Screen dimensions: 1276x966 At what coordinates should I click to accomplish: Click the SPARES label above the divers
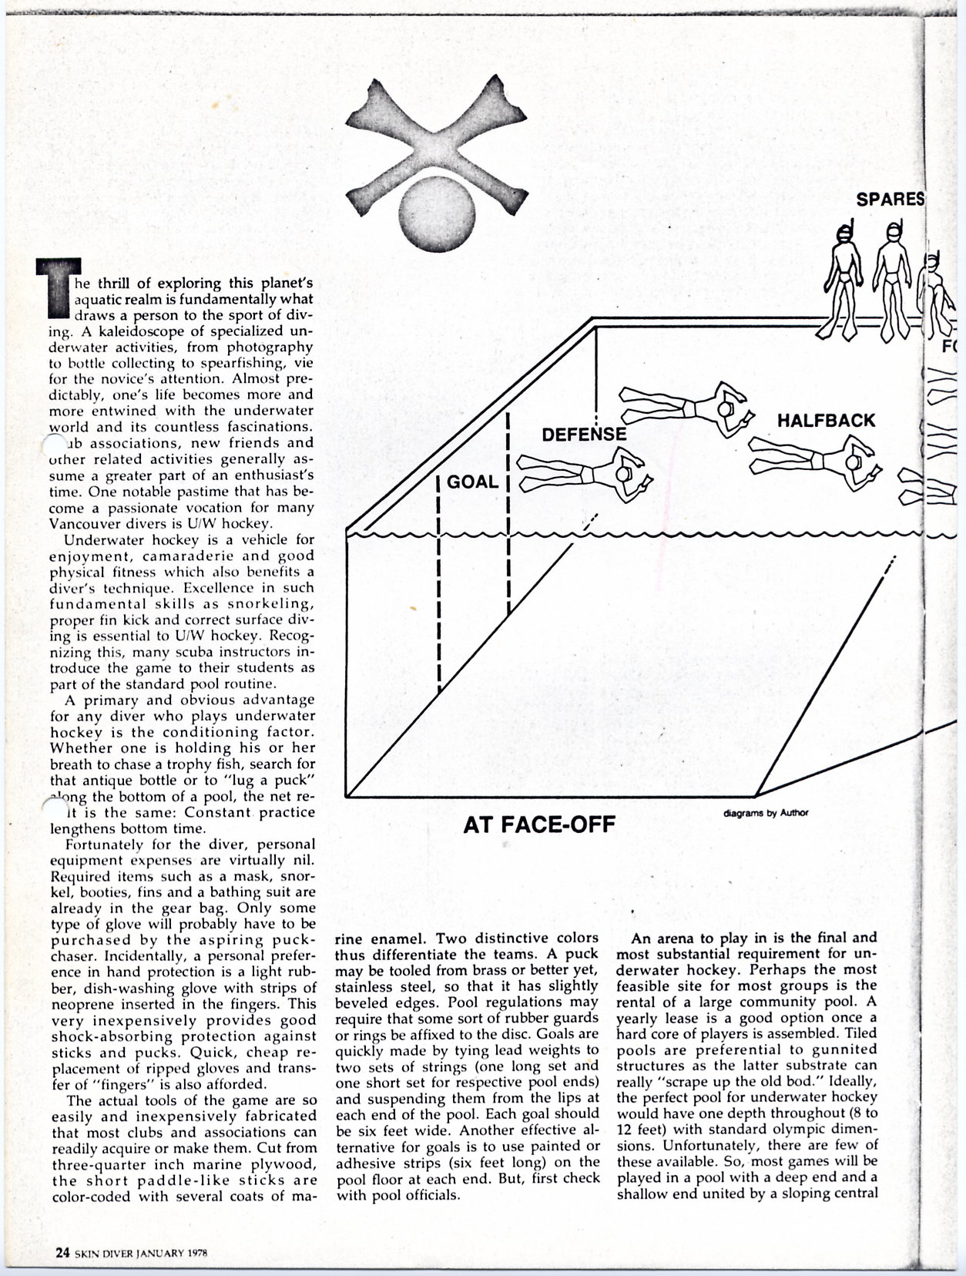click(x=890, y=199)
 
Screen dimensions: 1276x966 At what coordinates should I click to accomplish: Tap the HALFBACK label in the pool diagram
click(x=826, y=420)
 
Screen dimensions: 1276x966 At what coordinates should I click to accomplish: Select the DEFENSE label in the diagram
click(x=584, y=435)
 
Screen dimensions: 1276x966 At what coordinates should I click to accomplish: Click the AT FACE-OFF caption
click(x=538, y=825)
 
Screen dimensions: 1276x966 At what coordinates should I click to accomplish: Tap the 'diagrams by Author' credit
click(x=766, y=811)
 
